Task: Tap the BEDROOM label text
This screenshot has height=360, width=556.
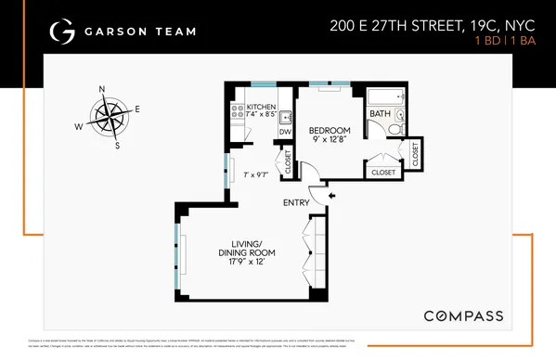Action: click(330, 129)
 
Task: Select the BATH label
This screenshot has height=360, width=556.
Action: click(380, 114)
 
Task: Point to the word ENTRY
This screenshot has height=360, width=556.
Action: click(297, 201)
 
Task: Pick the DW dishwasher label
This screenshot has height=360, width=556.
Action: click(285, 132)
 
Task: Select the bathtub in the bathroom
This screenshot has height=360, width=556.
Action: click(385, 96)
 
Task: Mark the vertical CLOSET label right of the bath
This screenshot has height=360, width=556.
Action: click(414, 153)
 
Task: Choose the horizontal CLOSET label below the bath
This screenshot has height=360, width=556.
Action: click(382, 173)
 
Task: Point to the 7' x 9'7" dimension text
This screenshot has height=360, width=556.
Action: click(256, 175)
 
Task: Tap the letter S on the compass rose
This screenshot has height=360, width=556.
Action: click(117, 146)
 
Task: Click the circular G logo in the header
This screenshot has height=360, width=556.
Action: click(61, 32)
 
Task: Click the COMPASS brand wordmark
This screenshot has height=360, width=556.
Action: click(463, 315)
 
